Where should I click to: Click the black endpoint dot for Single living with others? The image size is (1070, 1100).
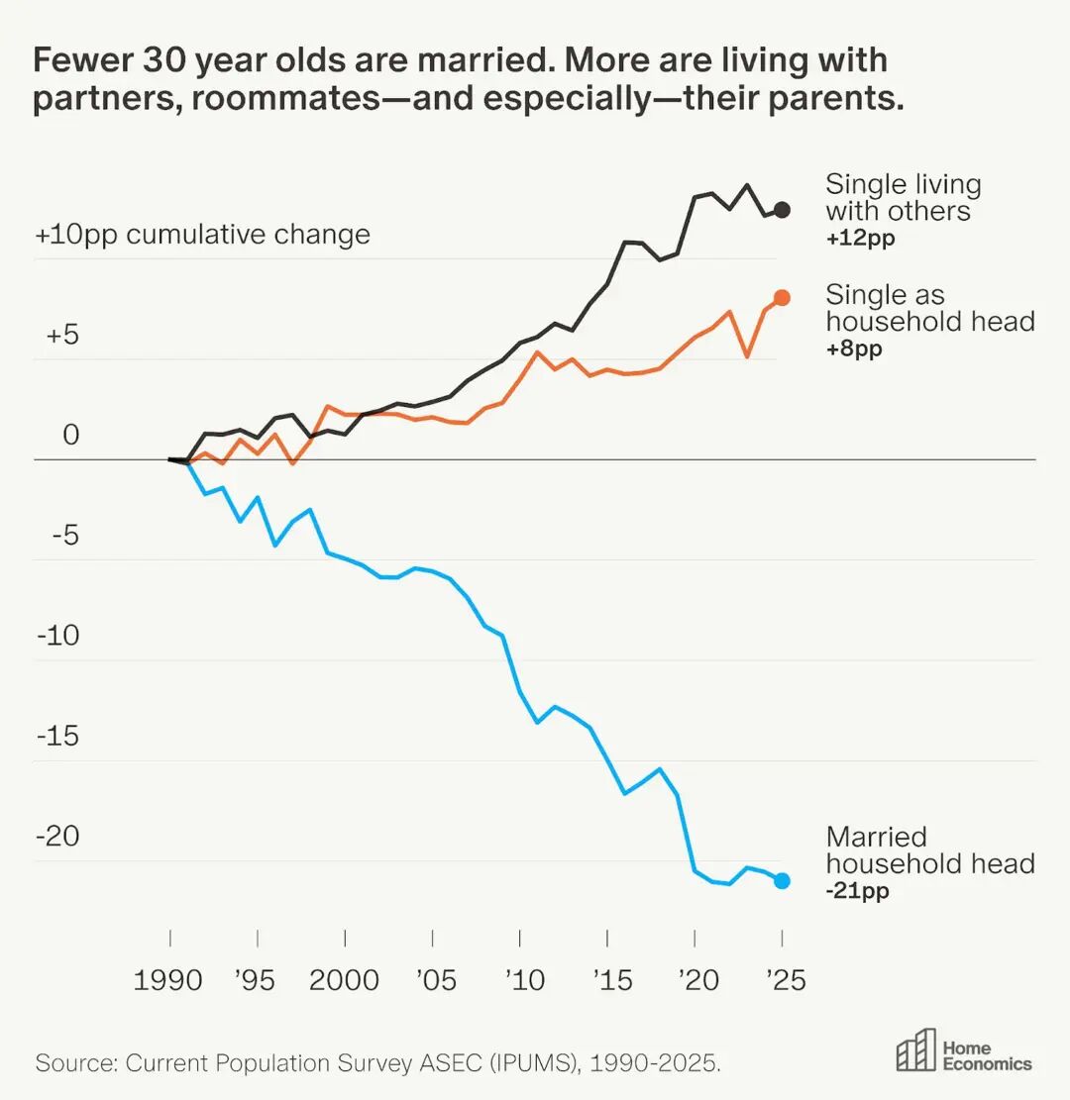coord(782,209)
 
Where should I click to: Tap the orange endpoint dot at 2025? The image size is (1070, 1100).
coord(782,297)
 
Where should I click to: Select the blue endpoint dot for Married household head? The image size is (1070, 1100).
coord(782,880)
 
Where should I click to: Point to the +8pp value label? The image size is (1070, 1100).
coord(854,349)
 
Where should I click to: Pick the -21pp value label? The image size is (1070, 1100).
coord(857,891)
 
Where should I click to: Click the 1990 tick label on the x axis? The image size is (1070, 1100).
coord(168,980)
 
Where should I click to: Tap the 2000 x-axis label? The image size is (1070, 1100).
coord(344,980)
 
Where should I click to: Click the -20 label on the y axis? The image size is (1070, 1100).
coord(57,837)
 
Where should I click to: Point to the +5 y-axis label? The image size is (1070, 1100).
coord(61,335)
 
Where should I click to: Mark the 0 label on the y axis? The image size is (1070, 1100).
coord(69,436)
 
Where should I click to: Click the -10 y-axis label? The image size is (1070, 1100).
coord(57,636)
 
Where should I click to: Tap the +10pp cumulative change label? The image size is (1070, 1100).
coord(202,235)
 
